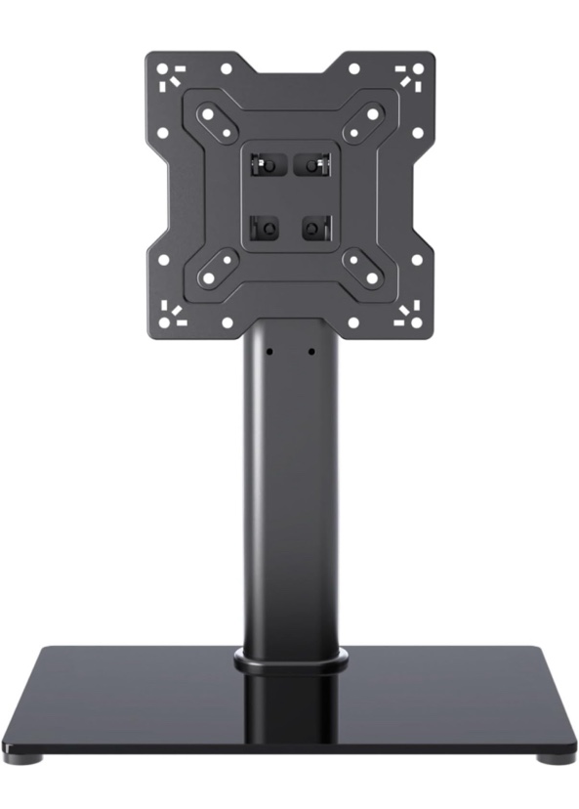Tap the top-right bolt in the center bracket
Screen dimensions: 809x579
pyautogui.click(x=311, y=164)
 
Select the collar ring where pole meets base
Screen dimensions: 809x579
pyautogui.click(x=290, y=661)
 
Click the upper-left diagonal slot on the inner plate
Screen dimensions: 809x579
pyautogui.click(x=214, y=121)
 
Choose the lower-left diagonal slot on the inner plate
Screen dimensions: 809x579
pyautogui.click(x=214, y=272)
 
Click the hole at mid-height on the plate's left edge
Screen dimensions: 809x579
pyautogui.click(x=162, y=195)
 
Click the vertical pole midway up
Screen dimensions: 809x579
pyautogui.click(x=290, y=498)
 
